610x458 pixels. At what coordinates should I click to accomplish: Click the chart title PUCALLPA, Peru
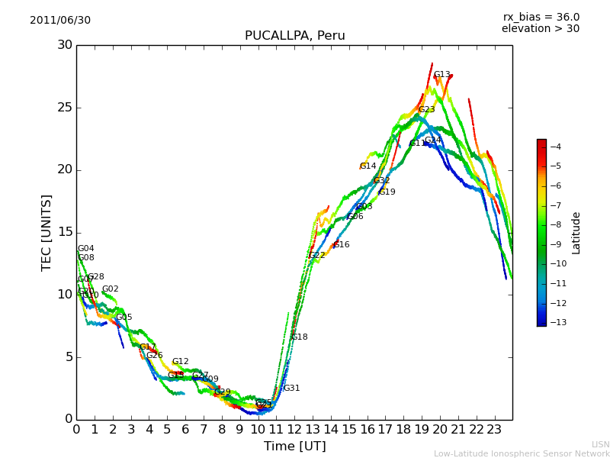point(294,36)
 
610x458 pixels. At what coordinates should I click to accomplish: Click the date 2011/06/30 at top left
point(60,21)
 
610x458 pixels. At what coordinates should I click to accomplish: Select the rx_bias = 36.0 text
point(541,18)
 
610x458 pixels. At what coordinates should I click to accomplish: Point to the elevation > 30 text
point(540,29)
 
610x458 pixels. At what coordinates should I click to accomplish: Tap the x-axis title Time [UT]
point(294,447)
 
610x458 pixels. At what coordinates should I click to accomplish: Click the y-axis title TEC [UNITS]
point(47,232)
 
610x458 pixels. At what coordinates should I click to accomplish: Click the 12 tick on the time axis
point(294,430)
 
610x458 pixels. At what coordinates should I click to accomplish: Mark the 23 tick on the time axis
point(494,430)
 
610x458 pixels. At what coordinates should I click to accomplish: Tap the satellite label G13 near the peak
point(441,75)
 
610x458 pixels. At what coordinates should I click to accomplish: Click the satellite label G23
point(426,110)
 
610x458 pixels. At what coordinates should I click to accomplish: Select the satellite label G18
point(300,337)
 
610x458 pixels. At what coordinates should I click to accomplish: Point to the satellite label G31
point(291,389)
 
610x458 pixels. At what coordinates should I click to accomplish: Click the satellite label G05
point(124,318)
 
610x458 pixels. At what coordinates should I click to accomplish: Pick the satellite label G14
point(368,166)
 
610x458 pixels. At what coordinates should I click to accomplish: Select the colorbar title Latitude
point(576,233)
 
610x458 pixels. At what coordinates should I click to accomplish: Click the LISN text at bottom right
point(600,444)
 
